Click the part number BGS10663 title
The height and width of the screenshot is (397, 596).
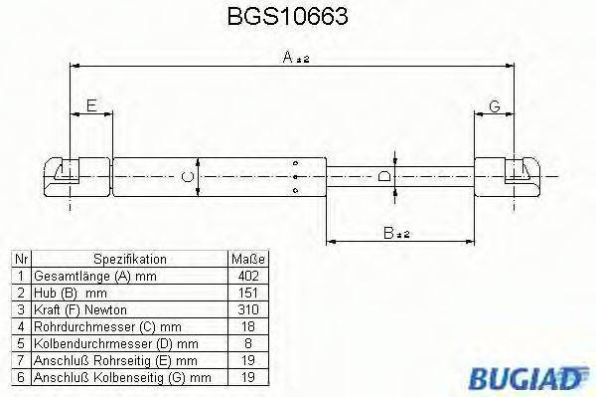[295, 17]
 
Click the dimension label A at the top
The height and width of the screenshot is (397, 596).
[295, 60]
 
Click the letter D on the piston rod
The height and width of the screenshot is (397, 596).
[386, 178]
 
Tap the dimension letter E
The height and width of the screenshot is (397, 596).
[91, 105]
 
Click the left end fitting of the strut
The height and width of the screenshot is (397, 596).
[65, 176]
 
